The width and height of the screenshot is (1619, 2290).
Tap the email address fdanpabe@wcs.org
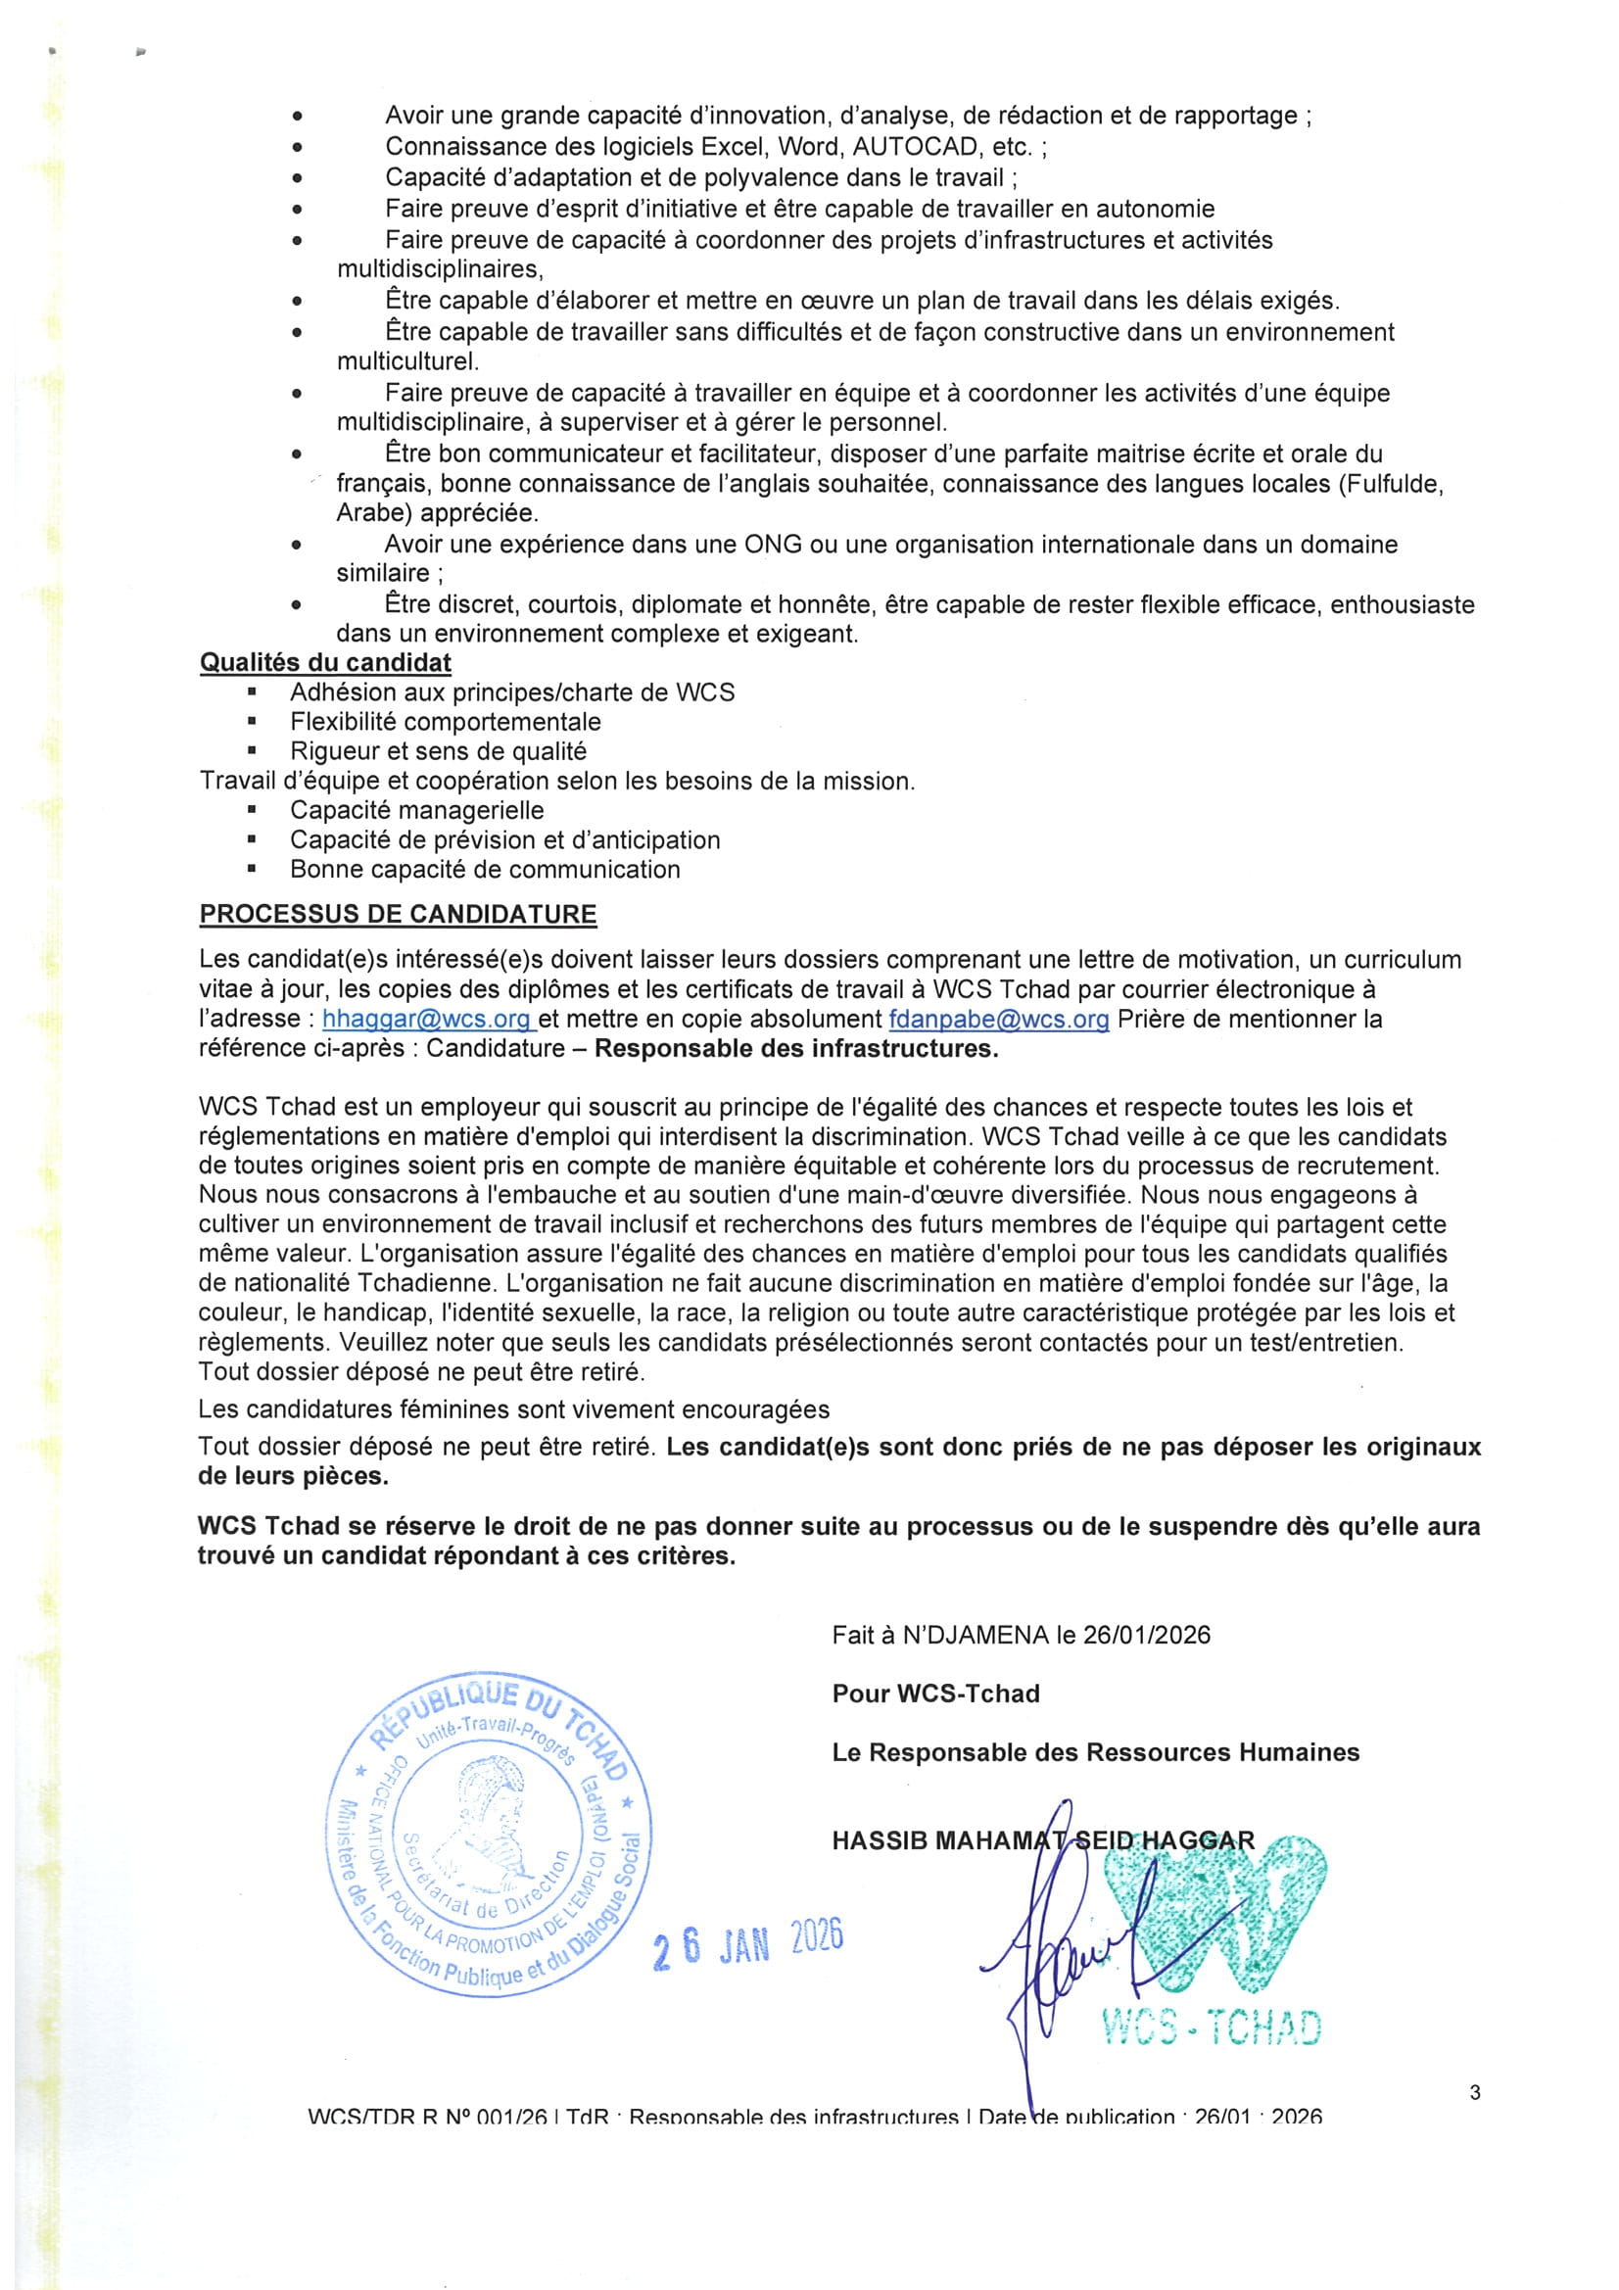pos(999,1020)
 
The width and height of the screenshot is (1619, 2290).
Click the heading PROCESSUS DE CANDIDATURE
pos(398,914)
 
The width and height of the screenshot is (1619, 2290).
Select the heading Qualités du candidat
pos(325,662)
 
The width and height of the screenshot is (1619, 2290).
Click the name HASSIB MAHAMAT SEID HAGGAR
pos(1042,1840)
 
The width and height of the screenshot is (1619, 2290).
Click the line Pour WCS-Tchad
pos(935,1694)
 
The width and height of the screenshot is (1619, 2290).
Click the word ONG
pos(769,545)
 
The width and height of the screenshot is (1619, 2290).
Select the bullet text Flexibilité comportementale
pos(445,721)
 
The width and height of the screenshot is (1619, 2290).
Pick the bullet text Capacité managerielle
pos(417,810)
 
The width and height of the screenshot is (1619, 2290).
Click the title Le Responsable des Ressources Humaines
pos(1095,1752)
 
